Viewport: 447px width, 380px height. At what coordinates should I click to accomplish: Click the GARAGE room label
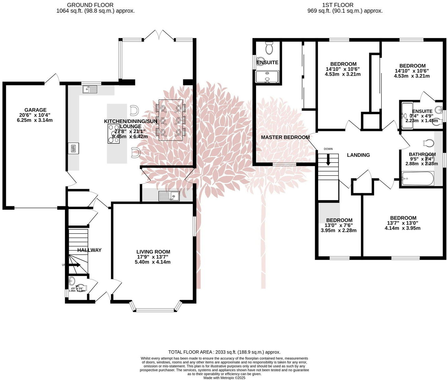35,110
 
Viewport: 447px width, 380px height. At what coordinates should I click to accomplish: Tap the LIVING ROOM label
153,252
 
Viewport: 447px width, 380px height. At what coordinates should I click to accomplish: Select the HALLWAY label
89,250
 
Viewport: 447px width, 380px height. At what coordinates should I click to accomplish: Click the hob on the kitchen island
113,134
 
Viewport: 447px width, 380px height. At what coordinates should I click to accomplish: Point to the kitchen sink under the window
90,90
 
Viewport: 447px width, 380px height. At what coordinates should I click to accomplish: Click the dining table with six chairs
170,120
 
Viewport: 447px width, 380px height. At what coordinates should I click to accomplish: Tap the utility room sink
169,196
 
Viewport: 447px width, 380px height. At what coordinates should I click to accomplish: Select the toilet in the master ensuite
269,48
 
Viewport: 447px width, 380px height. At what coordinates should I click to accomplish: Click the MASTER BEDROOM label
285,137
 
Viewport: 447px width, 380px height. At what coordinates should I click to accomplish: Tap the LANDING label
358,155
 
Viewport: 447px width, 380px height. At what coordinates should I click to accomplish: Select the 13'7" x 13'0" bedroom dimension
403,223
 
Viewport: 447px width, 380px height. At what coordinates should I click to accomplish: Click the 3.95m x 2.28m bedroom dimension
339,231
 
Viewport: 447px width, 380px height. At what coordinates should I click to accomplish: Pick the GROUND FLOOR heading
90,5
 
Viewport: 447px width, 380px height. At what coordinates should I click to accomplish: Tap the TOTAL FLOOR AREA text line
224,352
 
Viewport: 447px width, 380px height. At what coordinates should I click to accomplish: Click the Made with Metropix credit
224,377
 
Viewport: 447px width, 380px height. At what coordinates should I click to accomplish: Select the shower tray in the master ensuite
267,77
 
